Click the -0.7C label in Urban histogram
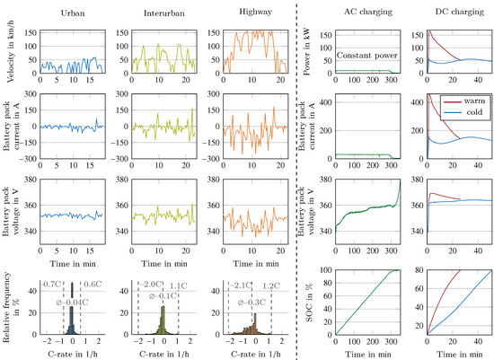[51, 284]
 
